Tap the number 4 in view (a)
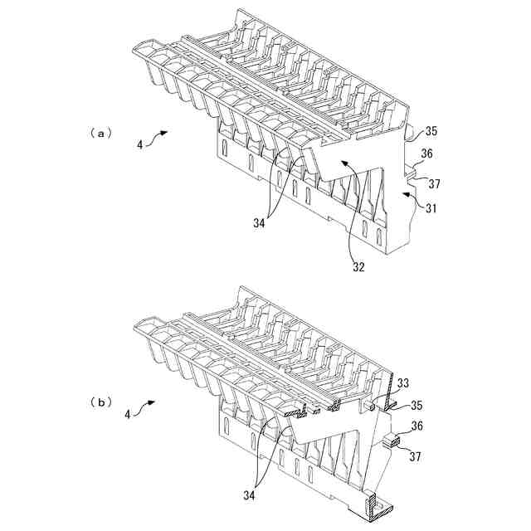coord(140,144)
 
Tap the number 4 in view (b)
coord(128,412)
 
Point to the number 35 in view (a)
coord(431,131)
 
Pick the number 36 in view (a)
coord(426,153)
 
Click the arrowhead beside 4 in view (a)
coord(167,132)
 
